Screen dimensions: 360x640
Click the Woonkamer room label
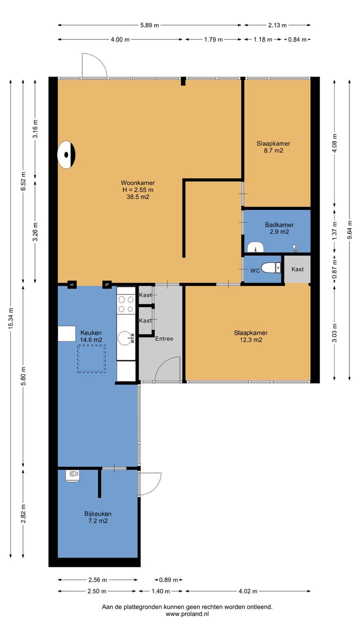[137, 189]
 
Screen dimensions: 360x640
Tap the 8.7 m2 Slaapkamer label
[273, 147]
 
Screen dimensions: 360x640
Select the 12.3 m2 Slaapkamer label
[250, 336]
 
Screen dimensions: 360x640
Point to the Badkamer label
[279, 228]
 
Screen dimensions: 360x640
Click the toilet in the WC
[270, 267]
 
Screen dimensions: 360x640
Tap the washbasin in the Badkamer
[255, 247]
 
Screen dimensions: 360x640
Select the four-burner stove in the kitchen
[126, 304]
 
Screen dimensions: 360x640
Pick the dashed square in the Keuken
[91, 358]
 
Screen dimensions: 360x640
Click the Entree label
[164, 338]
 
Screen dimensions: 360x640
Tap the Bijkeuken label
[97, 517]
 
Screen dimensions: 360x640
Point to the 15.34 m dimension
[11, 318]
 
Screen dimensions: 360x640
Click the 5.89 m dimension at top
[149, 25]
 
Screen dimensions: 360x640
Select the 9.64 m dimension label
[350, 229]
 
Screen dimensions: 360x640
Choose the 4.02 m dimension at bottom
[247, 591]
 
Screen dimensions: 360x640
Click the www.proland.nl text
[187, 613]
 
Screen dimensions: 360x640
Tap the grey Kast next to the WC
[297, 269]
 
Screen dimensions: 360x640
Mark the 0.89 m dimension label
[168, 579]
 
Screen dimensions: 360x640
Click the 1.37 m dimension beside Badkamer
[334, 230]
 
